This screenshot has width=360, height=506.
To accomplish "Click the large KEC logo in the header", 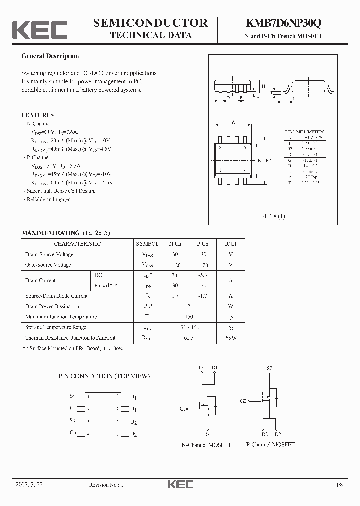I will coord(39,29).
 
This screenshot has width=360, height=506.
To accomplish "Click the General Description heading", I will coord(50,56).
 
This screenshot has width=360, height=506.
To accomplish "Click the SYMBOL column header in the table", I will coord(147,244).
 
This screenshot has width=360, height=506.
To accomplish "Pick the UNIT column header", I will coord(231,244).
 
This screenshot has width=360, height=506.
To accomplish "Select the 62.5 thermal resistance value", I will coord(188,338).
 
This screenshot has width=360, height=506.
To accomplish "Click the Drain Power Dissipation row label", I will coord(52,306).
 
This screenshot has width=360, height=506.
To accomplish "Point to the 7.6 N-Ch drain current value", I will coord(175,275).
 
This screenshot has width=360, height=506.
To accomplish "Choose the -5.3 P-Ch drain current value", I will coord(202,275).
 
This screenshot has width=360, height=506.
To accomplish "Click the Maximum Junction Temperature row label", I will coord(61,317).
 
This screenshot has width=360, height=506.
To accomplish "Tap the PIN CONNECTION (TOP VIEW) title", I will coord(104,376).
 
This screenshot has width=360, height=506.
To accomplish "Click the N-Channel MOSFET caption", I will coord(206,444).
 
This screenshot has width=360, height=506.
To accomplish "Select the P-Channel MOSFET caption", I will coord(270,444).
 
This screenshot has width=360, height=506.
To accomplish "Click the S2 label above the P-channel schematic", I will coord(269,368).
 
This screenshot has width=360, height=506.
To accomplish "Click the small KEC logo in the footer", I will coord(180,485).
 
